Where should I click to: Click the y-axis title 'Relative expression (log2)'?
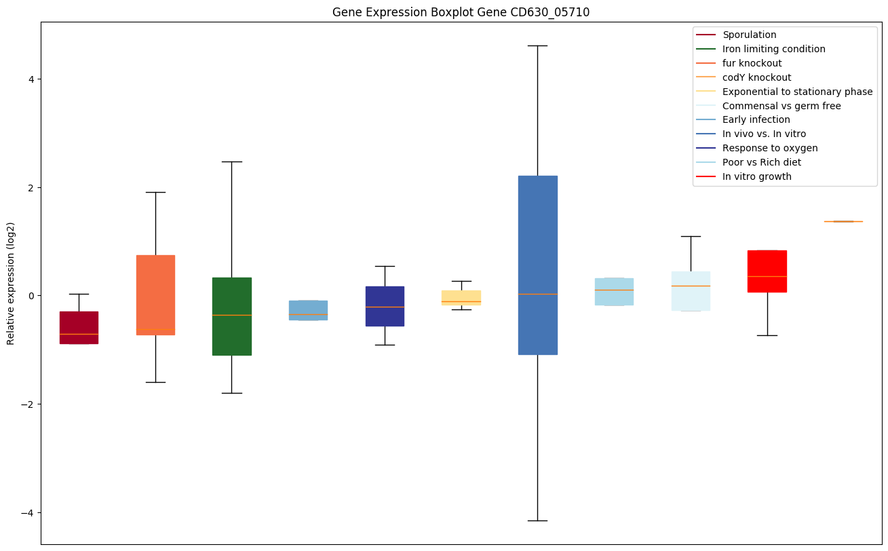click(11, 283)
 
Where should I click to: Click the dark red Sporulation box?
click(79, 327)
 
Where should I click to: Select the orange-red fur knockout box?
click(155, 294)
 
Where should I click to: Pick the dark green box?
click(232, 316)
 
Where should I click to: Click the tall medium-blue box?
click(537, 265)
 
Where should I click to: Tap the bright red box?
click(767, 271)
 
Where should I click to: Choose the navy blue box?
click(385, 306)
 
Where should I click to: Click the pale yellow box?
click(461, 297)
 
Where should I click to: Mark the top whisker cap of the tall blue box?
click(537, 45)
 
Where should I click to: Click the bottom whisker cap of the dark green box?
click(232, 393)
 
